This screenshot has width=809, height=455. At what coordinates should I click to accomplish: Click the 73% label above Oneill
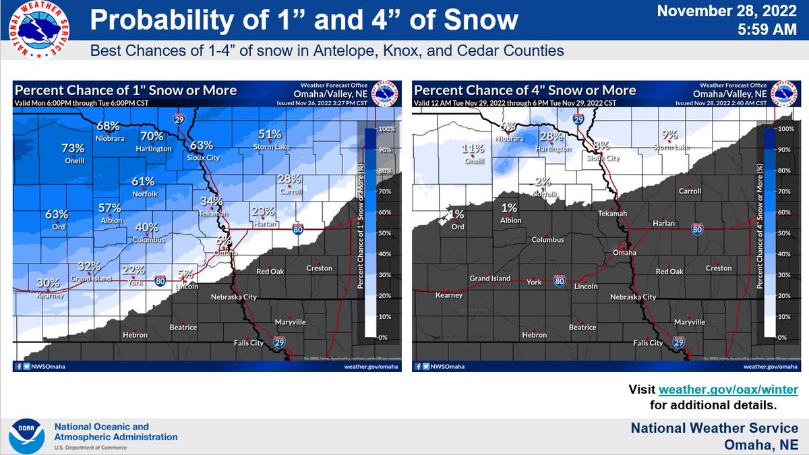click(x=73, y=148)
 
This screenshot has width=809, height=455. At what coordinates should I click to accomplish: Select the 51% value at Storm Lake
click(x=269, y=134)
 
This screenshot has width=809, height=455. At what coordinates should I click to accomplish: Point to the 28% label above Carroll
click(x=289, y=179)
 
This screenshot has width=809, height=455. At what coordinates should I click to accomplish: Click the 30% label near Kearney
click(x=48, y=283)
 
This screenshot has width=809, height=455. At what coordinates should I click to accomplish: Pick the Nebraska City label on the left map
click(x=234, y=297)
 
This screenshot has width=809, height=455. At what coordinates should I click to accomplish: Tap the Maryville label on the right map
click(x=690, y=322)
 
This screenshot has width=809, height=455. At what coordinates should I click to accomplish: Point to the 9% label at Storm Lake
click(x=669, y=134)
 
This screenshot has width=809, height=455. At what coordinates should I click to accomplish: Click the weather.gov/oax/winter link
click(x=728, y=390)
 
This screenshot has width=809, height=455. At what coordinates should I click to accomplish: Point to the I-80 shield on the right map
click(x=697, y=230)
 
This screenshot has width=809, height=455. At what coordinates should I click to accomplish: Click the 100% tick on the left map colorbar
click(x=386, y=129)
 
